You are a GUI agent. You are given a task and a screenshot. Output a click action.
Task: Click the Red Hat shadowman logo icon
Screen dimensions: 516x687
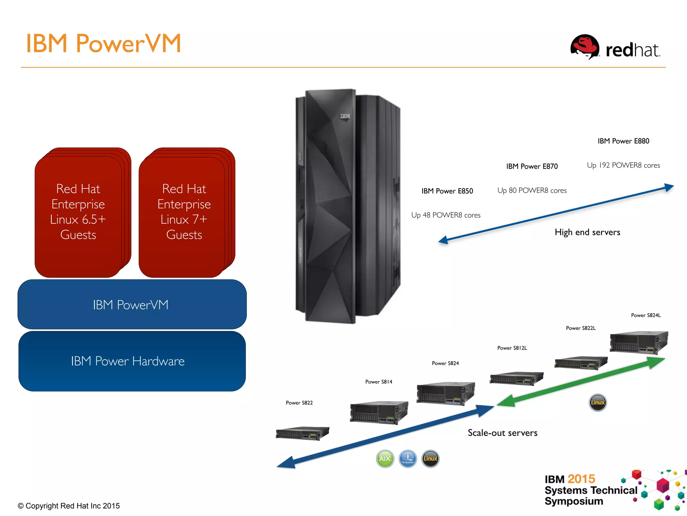click(x=585, y=47)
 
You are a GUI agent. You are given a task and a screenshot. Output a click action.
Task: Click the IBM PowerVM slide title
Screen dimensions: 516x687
click(x=103, y=44)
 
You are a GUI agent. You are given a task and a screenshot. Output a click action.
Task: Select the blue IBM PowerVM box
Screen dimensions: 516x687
click(x=132, y=304)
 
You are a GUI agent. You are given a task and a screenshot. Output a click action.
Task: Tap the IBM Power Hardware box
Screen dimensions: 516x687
click(x=132, y=361)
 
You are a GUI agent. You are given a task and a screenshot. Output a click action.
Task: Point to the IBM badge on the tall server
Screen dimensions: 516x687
click(x=345, y=116)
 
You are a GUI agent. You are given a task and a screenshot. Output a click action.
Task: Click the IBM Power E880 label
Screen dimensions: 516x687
click(x=623, y=141)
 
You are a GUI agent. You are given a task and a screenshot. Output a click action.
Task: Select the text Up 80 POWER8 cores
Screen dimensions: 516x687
click(x=532, y=190)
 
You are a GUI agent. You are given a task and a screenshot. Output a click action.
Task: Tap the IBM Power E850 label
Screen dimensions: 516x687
click(x=447, y=191)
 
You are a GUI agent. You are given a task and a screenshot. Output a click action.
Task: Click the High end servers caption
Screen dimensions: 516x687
click(x=587, y=232)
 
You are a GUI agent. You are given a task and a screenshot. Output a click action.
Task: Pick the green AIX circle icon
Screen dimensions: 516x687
click(x=385, y=459)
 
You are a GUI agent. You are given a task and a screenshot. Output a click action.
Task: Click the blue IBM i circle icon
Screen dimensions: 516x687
click(x=408, y=459)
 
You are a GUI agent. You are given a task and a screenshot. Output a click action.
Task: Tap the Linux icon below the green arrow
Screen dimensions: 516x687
click(x=597, y=402)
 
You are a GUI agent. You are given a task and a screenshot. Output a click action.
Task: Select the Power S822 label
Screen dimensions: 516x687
click(x=299, y=403)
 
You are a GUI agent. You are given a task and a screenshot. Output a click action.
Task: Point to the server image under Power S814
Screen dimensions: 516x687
click(x=379, y=412)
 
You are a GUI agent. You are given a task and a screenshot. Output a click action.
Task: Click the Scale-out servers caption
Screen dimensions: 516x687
click(x=502, y=433)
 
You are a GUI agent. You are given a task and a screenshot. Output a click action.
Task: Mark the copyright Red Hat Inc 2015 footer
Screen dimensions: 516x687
click(x=69, y=506)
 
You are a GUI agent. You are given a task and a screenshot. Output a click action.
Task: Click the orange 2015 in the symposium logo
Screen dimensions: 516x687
click(x=581, y=479)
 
